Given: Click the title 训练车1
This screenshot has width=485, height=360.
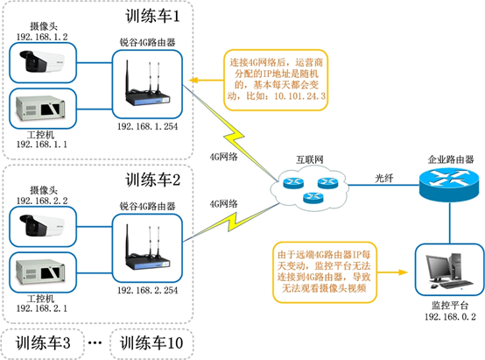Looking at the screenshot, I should pyautogui.click(x=154, y=16).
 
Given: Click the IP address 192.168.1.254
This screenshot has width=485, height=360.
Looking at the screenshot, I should pyautogui.click(x=147, y=126).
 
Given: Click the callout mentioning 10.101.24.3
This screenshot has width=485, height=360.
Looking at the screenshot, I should pyautogui.click(x=272, y=79).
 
